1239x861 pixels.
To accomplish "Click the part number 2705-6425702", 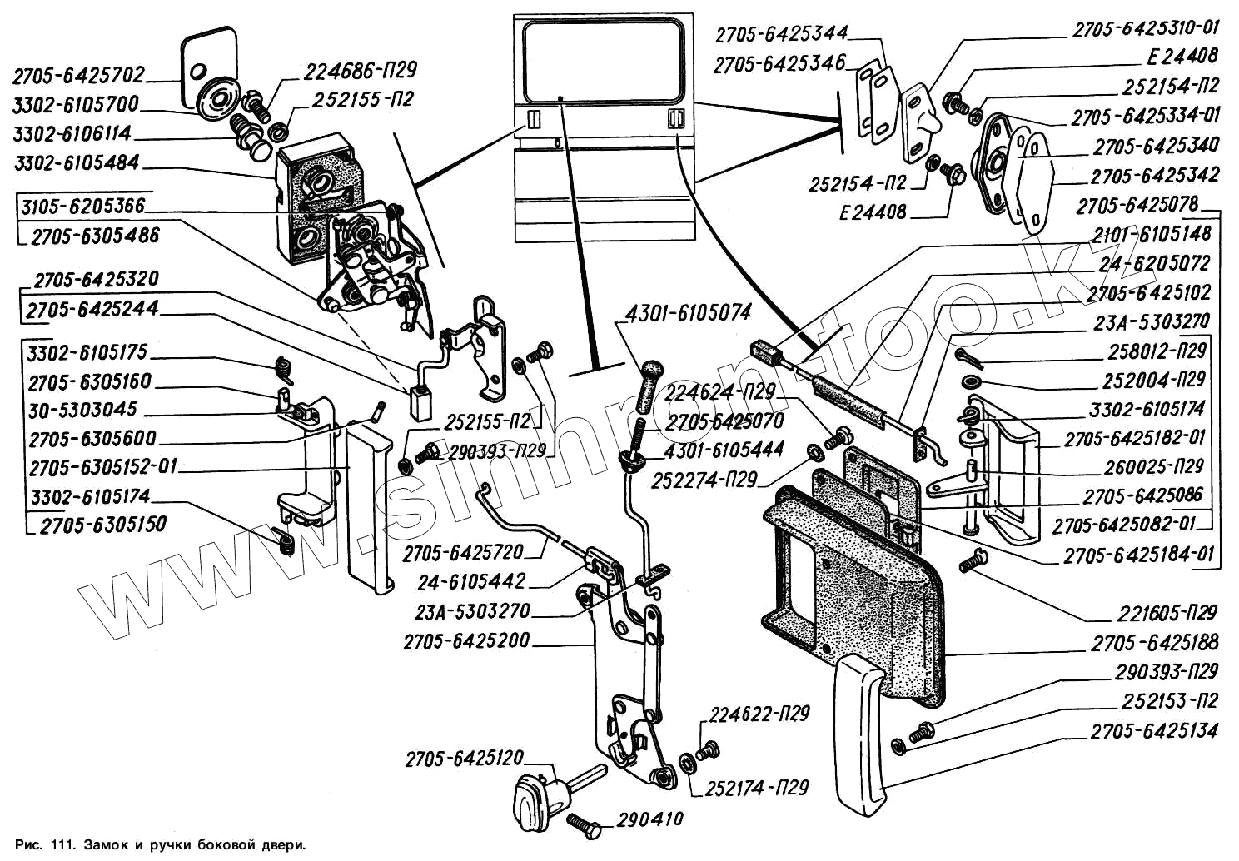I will point(78,76).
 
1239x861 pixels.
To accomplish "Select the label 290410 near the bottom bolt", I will point(649,819).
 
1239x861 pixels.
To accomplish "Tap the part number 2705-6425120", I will point(465,759).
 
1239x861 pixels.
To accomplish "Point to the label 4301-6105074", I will point(688,313).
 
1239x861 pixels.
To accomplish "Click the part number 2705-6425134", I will point(1154,731).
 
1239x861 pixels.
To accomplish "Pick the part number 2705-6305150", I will point(103,525).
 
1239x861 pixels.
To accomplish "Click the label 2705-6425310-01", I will point(1146,29).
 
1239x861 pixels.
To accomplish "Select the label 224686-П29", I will point(360,71).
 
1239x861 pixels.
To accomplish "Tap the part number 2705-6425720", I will point(463,552).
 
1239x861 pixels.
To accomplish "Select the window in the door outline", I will point(604,57).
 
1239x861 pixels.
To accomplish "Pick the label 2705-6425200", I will point(466,642).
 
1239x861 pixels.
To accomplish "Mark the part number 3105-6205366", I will point(83,205).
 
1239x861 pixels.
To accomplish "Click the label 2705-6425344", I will point(781,34).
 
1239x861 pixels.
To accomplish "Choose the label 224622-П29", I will point(759,714).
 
